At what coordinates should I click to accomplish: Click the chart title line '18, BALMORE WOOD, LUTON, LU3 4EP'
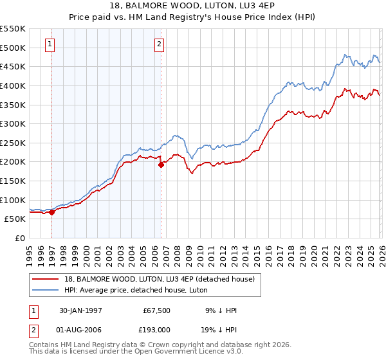[x=193, y=6]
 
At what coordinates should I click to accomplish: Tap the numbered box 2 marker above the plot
[x=159, y=44]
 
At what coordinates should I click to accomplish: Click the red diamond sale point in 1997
[x=52, y=213]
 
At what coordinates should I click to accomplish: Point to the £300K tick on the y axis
[x=13, y=123]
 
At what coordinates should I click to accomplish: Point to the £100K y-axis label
[x=13, y=200]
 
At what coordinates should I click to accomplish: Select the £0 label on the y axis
[x=19, y=238]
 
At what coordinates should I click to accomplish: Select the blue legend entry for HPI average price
[x=136, y=290]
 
